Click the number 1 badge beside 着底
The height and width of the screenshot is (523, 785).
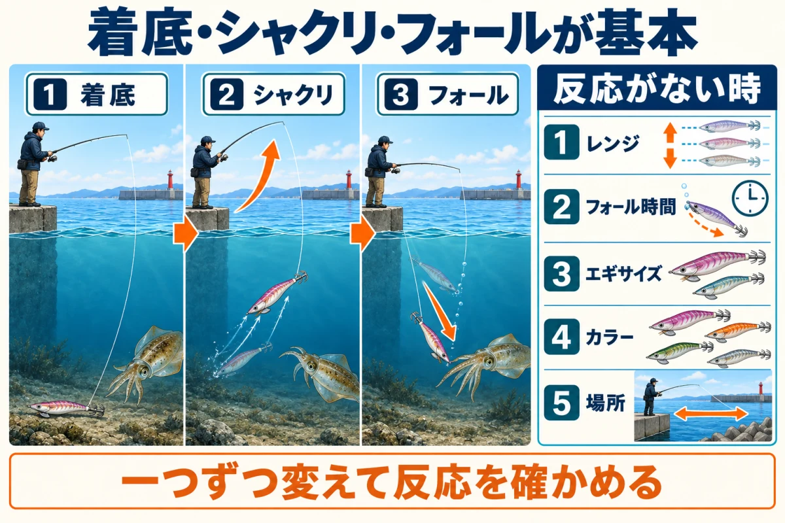pyautogui.click(x=50, y=95)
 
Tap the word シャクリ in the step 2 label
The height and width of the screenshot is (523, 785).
pyautogui.click(x=293, y=95)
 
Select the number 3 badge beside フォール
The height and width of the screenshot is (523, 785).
pyautogui.click(x=400, y=95)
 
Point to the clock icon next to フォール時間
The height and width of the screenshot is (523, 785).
pyautogui.click(x=750, y=198)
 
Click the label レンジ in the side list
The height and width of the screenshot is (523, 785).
pyautogui.click(x=613, y=143)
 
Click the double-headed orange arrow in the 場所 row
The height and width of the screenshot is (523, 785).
pyautogui.click(x=710, y=413)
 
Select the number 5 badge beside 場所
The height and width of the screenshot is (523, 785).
pyautogui.click(x=561, y=403)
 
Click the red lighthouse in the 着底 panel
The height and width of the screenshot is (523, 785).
pyautogui.click(x=170, y=179)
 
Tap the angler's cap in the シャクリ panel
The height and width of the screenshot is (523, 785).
pyautogui.click(x=209, y=140)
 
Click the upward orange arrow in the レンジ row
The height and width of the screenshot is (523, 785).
pyautogui.click(x=670, y=133)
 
